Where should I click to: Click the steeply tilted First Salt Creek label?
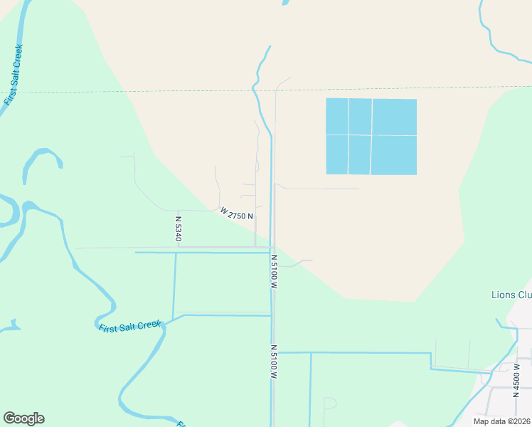click(x=14, y=75)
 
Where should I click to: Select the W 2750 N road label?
click(x=237, y=213)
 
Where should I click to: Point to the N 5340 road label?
click(x=178, y=228)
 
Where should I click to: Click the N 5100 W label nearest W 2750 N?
click(x=272, y=271)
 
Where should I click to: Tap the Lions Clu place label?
click(x=511, y=295)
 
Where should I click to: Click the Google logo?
click(x=23, y=418)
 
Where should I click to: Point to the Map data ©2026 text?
click(x=501, y=421)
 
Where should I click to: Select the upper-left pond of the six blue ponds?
click(x=336, y=116)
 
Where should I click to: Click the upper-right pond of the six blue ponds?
click(x=394, y=117)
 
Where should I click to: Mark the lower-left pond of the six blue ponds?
click(x=336, y=154)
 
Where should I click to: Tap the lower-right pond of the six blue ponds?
click(x=394, y=155)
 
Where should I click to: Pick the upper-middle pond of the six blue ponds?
click(x=360, y=116)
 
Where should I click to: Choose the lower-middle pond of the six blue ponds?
click(x=359, y=154)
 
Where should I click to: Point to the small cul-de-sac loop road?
click(x=329, y=404)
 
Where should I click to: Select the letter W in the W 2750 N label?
click(x=223, y=211)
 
